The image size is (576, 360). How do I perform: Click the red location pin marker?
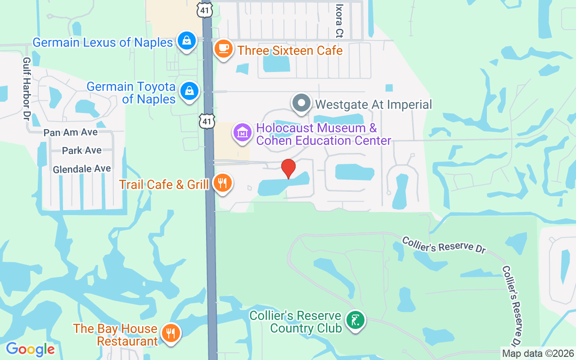pos(288,168)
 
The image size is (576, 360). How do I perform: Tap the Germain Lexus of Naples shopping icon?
pos(186,41)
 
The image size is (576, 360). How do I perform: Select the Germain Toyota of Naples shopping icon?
pos(190,91)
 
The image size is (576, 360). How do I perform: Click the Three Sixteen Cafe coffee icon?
pos(223,48)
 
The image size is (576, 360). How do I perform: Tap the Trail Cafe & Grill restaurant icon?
pos(222,183)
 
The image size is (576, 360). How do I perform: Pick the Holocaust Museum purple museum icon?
pos(243,133)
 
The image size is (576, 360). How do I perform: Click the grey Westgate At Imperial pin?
pos(301,103)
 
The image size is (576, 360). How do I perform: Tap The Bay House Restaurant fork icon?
pos(171,333)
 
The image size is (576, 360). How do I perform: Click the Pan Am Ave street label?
pos(71,133)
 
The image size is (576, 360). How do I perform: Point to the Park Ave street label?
pos(82,150)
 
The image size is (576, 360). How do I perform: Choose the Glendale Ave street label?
pos(82,169)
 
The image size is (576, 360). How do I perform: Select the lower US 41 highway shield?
pos(207,121)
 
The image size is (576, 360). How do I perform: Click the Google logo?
pos(30,349)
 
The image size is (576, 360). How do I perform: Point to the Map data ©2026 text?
pos(538,353)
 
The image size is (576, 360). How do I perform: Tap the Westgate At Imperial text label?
pos(373,105)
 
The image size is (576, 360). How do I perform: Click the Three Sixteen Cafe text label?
pos(290,50)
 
